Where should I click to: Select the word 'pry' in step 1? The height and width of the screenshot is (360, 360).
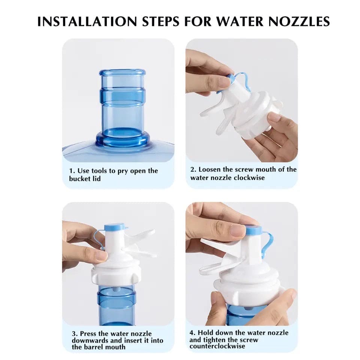point(123,171)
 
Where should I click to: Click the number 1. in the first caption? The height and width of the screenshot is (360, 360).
point(72,171)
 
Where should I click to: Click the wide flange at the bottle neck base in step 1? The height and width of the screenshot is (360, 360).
point(122,139)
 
